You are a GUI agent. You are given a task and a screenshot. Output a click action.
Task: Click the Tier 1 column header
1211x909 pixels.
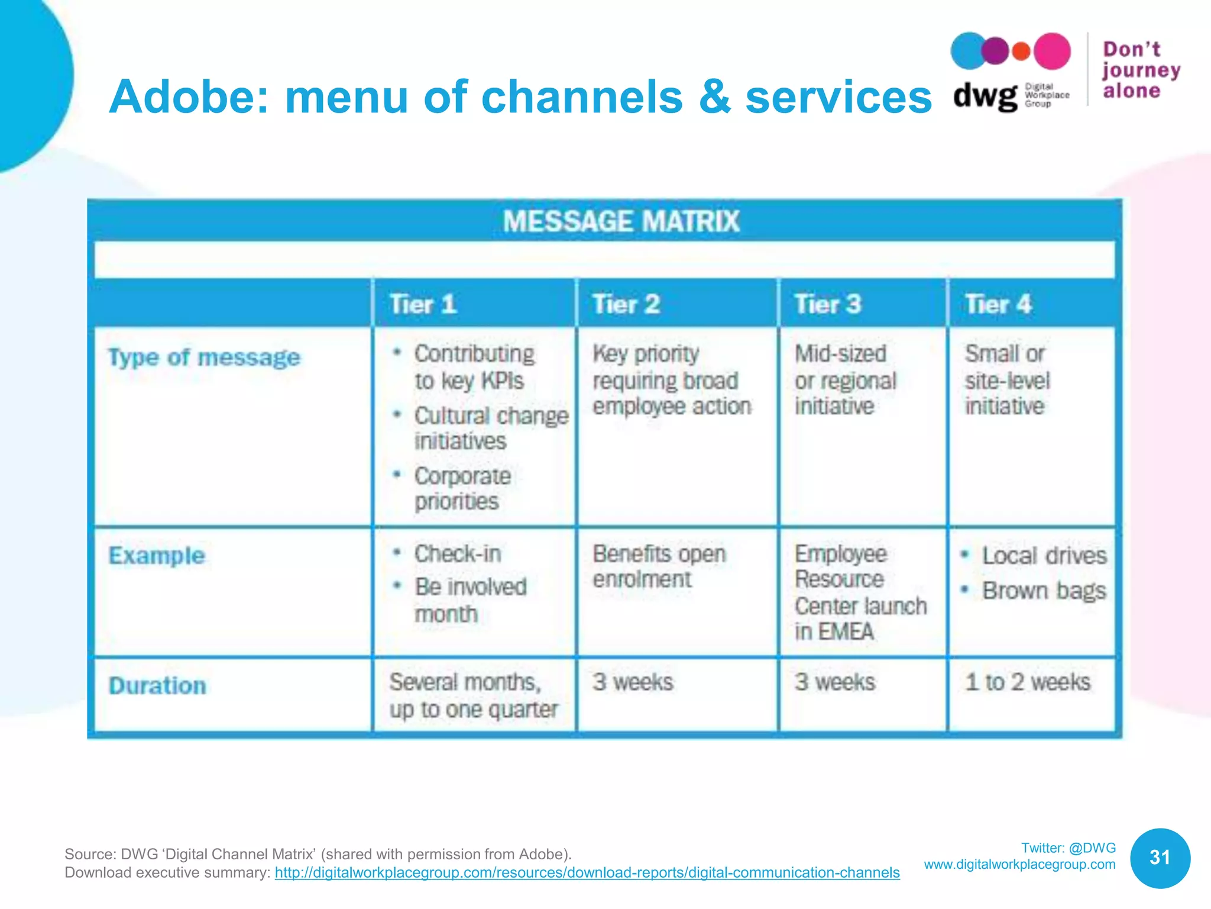(x=423, y=304)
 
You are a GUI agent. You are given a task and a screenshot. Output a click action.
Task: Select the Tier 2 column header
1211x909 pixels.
(x=626, y=304)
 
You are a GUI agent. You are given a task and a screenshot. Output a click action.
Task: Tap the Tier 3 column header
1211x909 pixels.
(x=827, y=304)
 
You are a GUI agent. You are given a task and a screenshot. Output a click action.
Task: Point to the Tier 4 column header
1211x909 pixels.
(x=998, y=304)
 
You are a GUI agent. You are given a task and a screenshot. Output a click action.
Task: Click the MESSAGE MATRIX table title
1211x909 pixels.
(x=621, y=221)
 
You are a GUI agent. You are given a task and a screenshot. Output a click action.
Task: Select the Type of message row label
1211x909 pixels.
(x=204, y=357)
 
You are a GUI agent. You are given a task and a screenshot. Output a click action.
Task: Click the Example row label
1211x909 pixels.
(x=157, y=556)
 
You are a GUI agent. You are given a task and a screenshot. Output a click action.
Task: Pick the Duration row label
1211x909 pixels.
(x=157, y=685)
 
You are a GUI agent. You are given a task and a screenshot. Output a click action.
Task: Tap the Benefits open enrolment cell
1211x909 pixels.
(x=659, y=566)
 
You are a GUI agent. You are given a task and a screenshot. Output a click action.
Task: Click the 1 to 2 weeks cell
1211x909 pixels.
(x=1028, y=682)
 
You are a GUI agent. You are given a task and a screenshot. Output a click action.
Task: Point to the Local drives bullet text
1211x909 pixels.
(x=1044, y=556)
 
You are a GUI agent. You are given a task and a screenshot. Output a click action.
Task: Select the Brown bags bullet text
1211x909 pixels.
(x=1044, y=591)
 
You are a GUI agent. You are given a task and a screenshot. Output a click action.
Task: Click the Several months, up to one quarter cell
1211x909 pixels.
(x=473, y=695)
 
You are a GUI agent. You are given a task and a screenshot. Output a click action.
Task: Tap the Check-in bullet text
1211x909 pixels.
(x=458, y=554)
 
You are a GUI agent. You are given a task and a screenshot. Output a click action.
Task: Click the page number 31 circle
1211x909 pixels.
(x=1160, y=858)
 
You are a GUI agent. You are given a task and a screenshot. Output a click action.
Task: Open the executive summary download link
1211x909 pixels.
(x=587, y=872)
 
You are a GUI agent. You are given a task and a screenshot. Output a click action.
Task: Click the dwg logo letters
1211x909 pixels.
(x=985, y=95)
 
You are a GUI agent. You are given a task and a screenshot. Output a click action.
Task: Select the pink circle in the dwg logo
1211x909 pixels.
(x=1052, y=51)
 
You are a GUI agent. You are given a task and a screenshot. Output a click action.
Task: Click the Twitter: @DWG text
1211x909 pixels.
(x=1068, y=847)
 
